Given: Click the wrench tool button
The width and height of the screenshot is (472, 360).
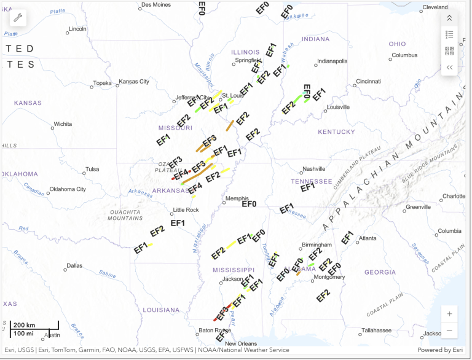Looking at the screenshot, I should tap(18, 17).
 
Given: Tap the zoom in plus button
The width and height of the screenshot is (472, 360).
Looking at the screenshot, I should tap(450, 313).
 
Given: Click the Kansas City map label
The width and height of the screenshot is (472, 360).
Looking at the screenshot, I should tap(134, 82).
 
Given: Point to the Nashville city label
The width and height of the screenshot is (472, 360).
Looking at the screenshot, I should tap(313, 169).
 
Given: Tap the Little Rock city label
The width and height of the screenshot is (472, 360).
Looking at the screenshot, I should tap(186, 209).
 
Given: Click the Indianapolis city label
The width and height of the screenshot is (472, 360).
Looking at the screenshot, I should tap(332, 61).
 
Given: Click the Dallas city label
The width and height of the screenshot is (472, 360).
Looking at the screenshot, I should tap(74, 266).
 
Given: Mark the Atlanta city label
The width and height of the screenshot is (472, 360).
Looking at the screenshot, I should tap(368, 238).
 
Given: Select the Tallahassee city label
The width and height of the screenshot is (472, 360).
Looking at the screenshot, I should tap(376, 330).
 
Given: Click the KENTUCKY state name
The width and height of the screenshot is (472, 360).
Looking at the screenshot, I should tap(336, 132).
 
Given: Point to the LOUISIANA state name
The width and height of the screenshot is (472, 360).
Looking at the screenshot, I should tap(160, 310).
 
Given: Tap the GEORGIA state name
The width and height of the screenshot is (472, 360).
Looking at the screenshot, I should tap(380, 272).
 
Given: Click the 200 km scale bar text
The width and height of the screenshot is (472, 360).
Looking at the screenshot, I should tap(25, 324).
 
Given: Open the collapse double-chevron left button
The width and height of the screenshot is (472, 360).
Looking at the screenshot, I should tap(450, 68).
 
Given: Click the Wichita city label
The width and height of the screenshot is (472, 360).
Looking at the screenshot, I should tap(63, 124).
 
